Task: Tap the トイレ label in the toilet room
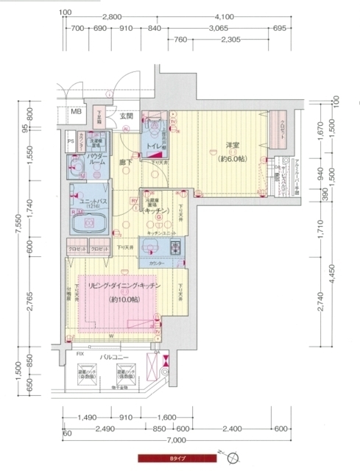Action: tap(155, 146)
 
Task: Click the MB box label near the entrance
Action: tap(75, 113)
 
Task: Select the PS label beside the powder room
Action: tap(71, 141)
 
